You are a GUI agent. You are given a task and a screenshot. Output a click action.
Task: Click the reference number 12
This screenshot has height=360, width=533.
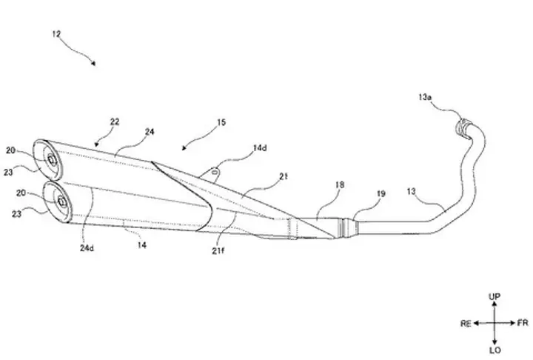pyautogui.click(x=56, y=34)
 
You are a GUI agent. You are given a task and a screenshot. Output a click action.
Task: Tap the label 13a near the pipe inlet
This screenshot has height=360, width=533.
pyautogui.click(x=425, y=97)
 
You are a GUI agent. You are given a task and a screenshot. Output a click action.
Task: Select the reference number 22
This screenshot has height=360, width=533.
pyautogui.click(x=115, y=121)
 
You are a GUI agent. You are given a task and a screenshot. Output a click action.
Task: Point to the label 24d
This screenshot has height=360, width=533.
pyautogui.click(x=87, y=248)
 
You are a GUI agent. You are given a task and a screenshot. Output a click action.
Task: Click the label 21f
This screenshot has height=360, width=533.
pyautogui.click(x=218, y=251)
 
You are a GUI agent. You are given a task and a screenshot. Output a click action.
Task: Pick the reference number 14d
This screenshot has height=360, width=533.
pyautogui.click(x=260, y=148)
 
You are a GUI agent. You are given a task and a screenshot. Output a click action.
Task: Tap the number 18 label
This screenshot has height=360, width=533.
pyautogui.click(x=340, y=184)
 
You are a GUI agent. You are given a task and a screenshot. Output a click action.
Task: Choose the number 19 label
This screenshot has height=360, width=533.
pyautogui.click(x=381, y=193)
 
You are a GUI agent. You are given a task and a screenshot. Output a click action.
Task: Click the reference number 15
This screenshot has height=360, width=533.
pyautogui.click(x=221, y=122)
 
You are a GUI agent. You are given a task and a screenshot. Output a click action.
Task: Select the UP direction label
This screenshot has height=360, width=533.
pyautogui.click(x=495, y=297)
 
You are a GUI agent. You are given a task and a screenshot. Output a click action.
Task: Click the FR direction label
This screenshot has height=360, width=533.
pyautogui.click(x=523, y=322)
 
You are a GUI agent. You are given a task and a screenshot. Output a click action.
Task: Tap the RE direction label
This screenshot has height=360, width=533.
pyautogui.click(x=466, y=323)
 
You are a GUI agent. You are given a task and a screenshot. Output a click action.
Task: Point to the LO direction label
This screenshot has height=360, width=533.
pyautogui.click(x=495, y=350)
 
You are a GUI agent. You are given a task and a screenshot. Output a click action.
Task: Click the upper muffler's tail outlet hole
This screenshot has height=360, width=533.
pyautogui.click(x=52, y=159)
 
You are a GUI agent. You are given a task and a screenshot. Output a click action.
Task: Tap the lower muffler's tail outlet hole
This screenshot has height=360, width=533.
pyautogui.click(x=61, y=201)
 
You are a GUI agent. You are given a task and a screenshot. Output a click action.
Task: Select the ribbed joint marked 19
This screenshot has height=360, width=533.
pyautogui.click(x=346, y=227)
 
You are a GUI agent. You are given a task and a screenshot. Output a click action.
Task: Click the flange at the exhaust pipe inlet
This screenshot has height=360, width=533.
pyautogui.click(x=462, y=127)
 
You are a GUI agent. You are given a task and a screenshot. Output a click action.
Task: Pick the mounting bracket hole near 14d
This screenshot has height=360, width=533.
pyautogui.click(x=215, y=172)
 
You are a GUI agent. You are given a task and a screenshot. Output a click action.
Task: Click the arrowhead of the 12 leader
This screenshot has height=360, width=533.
pyautogui.click(x=93, y=63)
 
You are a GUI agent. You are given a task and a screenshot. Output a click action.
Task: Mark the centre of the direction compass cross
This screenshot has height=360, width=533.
pyautogui.click(x=495, y=323)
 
